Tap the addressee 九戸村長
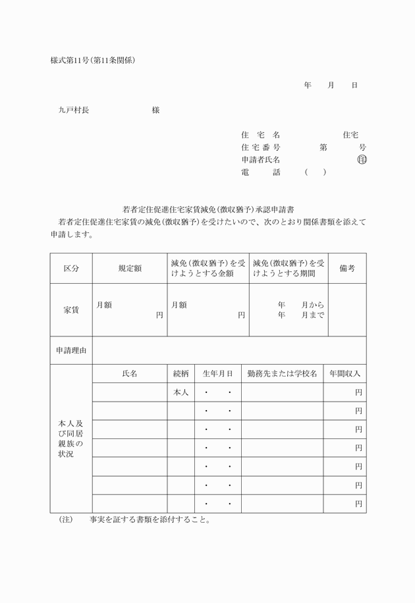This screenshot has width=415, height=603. click(x=73, y=111)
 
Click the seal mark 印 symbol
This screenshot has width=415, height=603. click(x=362, y=159)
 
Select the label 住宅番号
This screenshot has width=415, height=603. click(x=261, y=147)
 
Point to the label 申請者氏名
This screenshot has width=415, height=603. click(x=261, y=159)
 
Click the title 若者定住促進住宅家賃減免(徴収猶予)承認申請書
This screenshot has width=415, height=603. click(x=207, y=209)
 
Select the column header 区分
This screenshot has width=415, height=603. click(x=71, y=269)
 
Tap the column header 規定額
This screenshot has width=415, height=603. click(x=130, y=269)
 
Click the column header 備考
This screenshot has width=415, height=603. click(x=347, y=269)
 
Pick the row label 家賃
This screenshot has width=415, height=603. click(x=71, y=310)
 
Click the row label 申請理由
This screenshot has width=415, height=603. click(x=71, y=350)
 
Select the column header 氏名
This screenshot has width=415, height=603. click(x=130, y=373)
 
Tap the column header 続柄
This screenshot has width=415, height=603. click(x=180, y=373)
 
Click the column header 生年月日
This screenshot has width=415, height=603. click(x=217, y=373)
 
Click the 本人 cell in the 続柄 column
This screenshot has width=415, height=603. click(x=180, y=392)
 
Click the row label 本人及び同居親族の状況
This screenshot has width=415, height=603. click(x=71, y=438)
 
